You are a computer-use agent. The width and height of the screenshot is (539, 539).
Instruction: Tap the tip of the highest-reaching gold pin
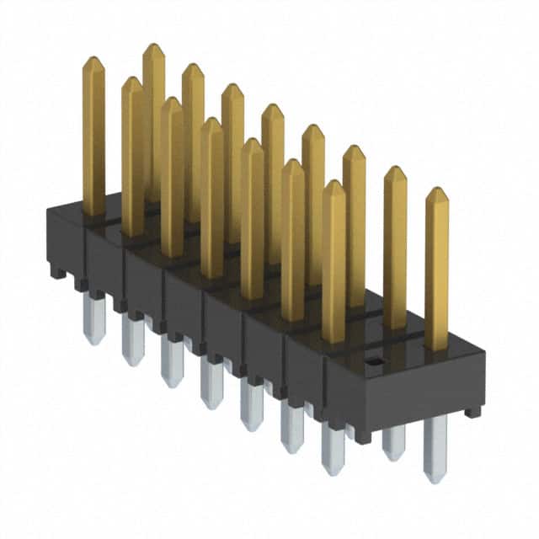153,46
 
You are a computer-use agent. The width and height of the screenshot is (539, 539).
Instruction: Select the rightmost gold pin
436,269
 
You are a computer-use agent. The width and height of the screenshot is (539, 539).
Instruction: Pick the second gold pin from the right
395,248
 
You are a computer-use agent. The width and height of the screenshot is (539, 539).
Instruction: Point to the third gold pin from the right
355,227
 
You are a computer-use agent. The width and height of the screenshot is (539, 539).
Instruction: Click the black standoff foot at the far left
56,271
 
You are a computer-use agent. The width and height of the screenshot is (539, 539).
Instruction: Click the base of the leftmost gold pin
94,211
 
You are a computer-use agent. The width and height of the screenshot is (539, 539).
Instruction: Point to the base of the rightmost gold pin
436,345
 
